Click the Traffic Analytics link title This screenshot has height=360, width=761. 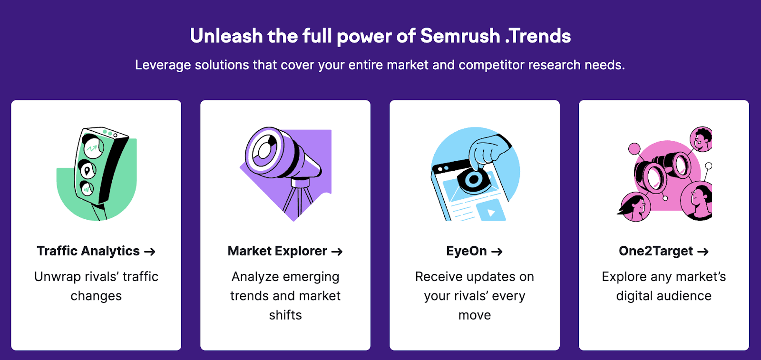point(88,251)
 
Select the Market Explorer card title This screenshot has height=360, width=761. point(277,251)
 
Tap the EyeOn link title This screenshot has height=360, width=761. point(467,251)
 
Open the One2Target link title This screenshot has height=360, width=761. point(656,251)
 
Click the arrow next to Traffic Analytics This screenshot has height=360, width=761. point(150,252)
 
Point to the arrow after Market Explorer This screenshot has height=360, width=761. point(337,252)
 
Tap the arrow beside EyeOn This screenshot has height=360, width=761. point(497,252)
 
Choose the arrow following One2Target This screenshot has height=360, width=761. point(703,252)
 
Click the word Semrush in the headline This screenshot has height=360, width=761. point(460,36)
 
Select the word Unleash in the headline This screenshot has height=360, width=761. point(226,36)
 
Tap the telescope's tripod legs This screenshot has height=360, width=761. point(298,200)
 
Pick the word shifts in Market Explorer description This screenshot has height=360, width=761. point(285,315)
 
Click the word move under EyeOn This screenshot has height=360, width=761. point(475,315)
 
